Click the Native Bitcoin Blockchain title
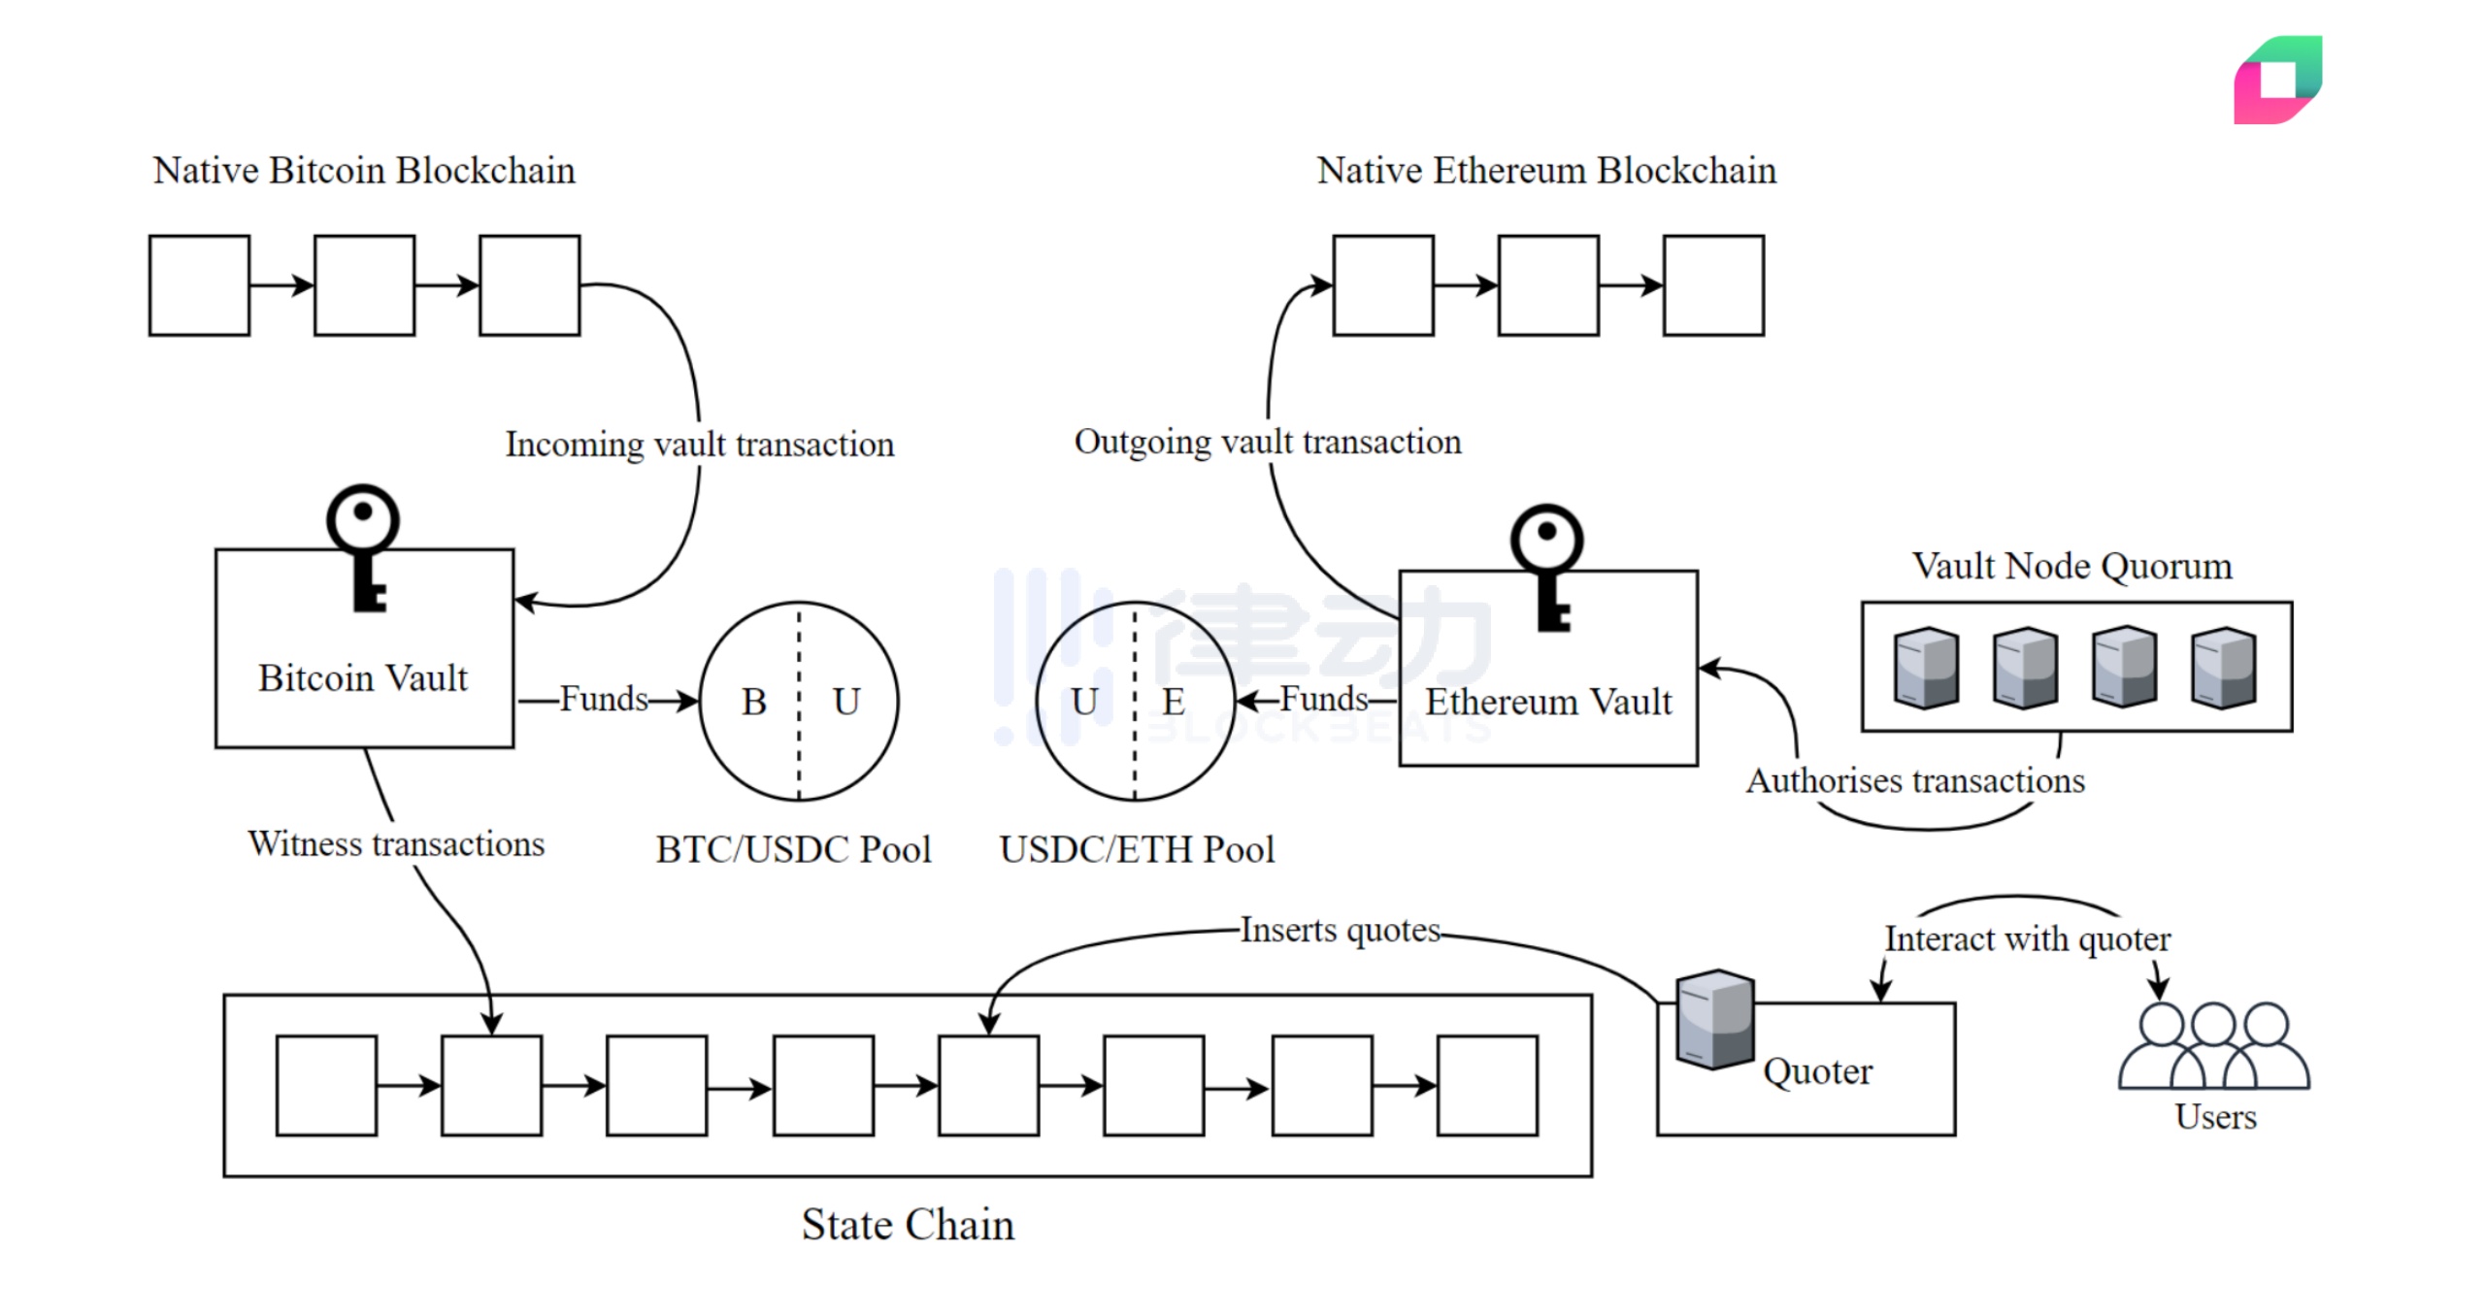click(364, 171)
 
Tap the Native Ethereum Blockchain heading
click(1546, 171)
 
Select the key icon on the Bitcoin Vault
click(364, 547)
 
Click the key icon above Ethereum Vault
click(1548, 567)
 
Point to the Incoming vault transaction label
click(699, 444)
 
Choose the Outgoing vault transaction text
click(1267, 442)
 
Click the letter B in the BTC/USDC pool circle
click(754, 702)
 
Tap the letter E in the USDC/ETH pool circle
click(1174, 702)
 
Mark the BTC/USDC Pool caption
click(793, 850)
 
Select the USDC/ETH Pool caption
click(1137, 850)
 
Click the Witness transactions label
click(396, 843)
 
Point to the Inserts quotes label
click(1340, 930)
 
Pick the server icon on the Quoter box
click(1715, 1019)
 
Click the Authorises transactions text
click(1915, 781)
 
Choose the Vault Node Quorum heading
click(2072, 566)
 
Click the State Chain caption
click(908, 1225)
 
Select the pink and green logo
click(2277, 80)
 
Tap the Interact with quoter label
click(2028, 939)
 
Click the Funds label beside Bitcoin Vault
click(604, 699)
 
